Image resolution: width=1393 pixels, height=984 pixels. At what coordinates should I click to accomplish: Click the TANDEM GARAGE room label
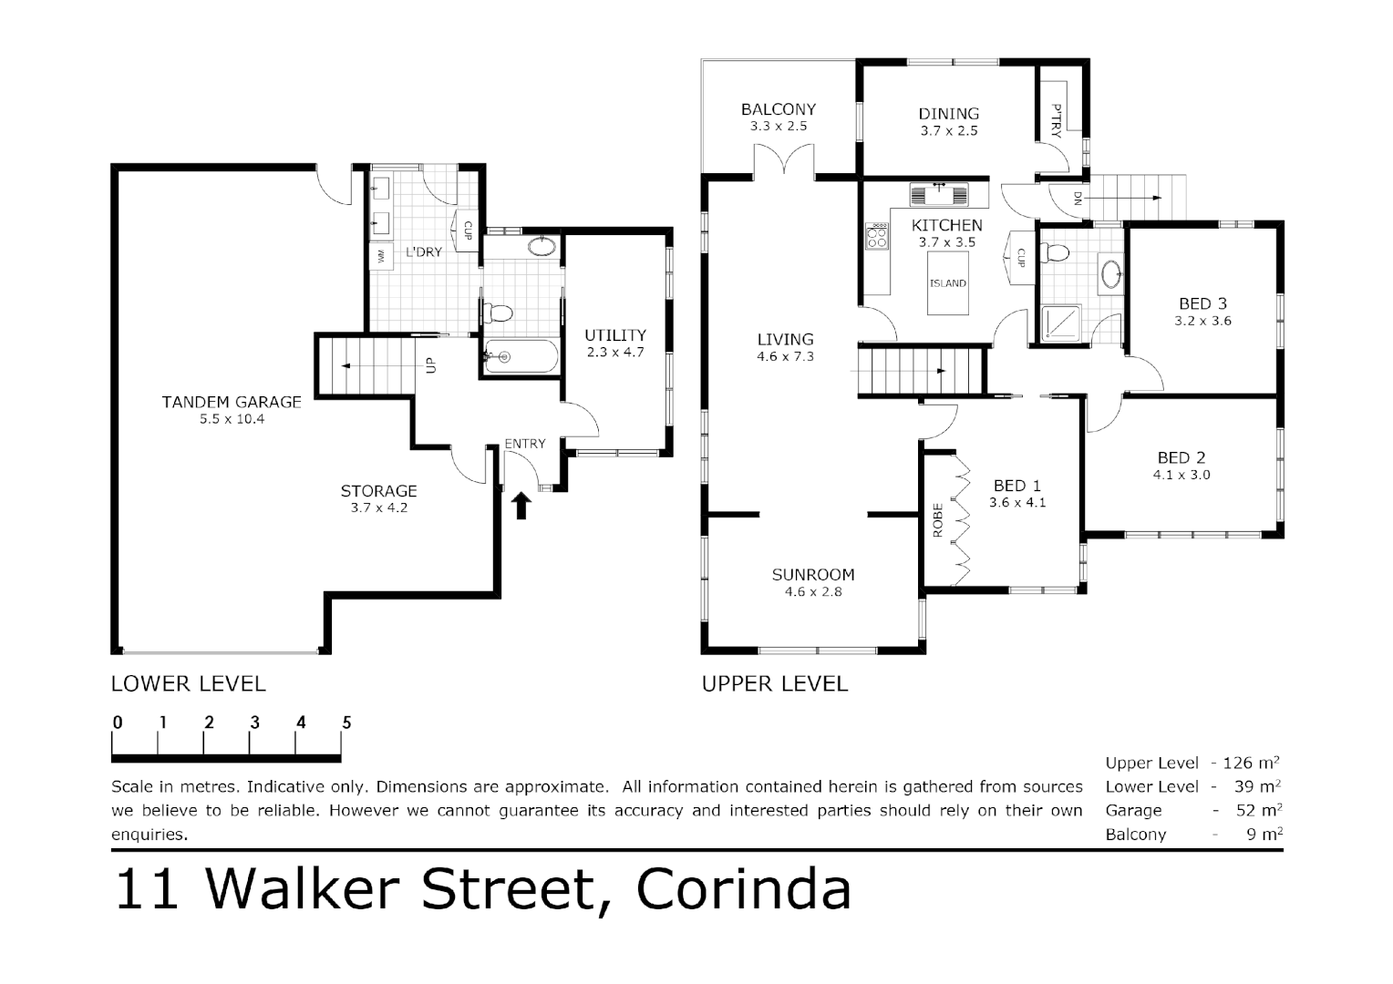232,402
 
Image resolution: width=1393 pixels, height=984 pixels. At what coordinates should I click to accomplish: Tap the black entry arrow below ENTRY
521,506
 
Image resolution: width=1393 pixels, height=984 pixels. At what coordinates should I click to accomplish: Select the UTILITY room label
615,335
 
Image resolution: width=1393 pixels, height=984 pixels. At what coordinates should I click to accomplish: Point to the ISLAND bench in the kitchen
948,283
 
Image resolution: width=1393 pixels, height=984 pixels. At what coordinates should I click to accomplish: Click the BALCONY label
778,109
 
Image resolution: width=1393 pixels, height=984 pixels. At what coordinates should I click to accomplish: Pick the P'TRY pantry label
1056,120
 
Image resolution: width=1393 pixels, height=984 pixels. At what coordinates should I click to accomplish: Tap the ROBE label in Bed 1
938,520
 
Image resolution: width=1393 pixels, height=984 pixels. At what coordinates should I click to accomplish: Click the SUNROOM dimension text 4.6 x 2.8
812,591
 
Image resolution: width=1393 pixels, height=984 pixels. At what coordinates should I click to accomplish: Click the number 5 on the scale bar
346,723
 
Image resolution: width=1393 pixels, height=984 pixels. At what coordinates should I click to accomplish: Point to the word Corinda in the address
743,889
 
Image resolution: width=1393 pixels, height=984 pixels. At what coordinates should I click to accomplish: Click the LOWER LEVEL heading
188,683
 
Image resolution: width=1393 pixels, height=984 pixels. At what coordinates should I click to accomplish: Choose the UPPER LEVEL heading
774,683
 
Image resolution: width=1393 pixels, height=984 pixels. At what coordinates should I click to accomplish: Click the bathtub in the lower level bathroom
521,357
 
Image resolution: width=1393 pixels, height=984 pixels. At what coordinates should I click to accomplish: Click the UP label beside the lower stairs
431,365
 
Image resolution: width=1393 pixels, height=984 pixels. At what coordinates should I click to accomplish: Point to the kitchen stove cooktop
877,237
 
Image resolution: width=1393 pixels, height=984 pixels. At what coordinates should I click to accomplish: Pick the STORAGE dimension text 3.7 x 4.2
378,508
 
